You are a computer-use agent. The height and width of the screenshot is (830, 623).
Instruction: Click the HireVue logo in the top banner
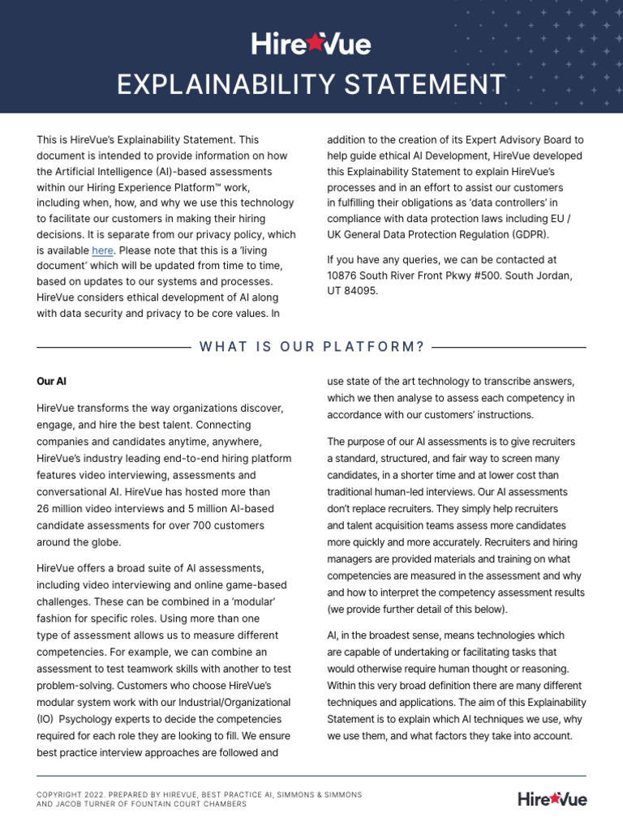pyautogui.click(x=311, y=44)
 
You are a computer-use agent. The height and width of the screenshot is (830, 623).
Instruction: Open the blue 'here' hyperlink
pyautogui.click(x=102, y=250)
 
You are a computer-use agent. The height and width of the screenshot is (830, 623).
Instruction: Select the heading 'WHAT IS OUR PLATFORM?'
pyautogui.click(x=311, y=347)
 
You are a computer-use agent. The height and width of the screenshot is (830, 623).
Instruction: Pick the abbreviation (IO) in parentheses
pyautogui.click(x=46, y=719)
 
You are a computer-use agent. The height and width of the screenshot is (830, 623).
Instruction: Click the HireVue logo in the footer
pyautogui.click(x=552, y=799)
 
